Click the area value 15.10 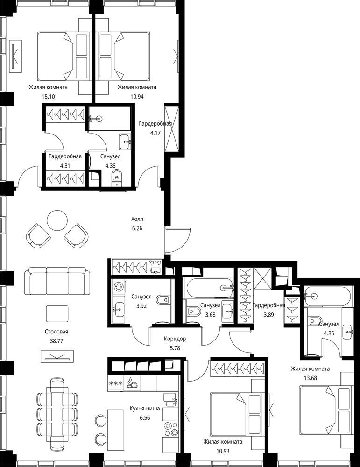[x=49, y=97]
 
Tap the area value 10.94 [x=137, y=97]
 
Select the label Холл [x=137, y=219]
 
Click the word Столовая [x=56, y=332]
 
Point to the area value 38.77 [x=56, y=341]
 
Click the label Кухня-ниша [x=145, y=408]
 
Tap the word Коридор [x=175, y=339]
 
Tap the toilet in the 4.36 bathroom [x=117, y=178]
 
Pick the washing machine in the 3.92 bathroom [x=119, y=287]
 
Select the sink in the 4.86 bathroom [x=347, y=331]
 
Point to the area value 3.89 [x=268, y=315]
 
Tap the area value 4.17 [x=155, y=133]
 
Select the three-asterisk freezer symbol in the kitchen [x=116, y=383]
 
